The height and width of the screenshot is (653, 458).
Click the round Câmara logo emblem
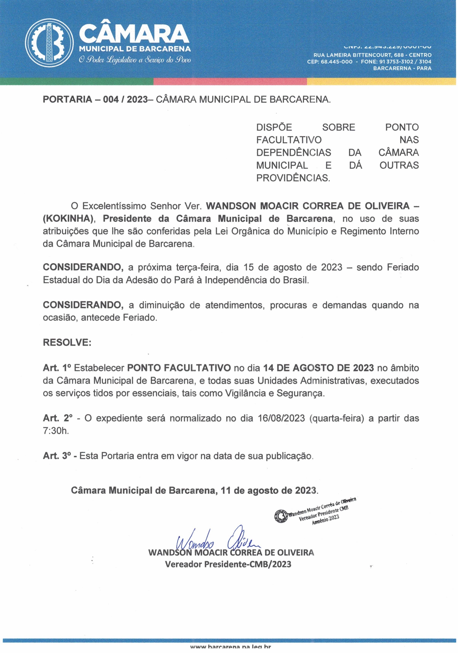49,43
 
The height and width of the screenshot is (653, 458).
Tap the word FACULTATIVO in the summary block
289,140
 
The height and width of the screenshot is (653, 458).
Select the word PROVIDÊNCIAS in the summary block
293,178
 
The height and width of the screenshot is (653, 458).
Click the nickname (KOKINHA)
71,219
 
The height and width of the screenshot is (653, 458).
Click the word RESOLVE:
67,342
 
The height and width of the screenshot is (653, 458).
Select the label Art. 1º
57,368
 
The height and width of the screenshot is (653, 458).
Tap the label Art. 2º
58,418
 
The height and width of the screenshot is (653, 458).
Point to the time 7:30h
56,431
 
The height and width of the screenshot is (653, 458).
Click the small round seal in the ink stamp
281,516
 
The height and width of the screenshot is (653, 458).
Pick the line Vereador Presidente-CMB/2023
228,564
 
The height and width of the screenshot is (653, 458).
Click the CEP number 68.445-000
336,62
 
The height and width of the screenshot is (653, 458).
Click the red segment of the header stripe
230,81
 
